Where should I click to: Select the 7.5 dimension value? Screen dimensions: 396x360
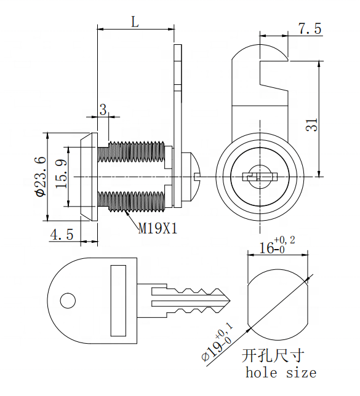coord(310,29)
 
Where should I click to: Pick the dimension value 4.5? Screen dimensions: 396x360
coord(62,234)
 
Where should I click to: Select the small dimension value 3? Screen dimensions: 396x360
coord(103,109)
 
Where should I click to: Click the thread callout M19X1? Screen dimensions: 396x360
coord(157,229)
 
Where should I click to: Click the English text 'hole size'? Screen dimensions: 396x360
coord(281,373)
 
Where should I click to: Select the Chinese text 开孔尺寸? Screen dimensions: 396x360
coord(272,356)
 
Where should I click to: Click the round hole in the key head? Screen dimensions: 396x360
coord(67,301)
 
